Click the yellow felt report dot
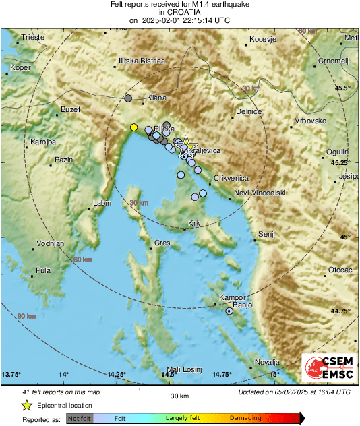pos(133,127)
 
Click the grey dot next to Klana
pos(128,98)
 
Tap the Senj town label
pos(266,234)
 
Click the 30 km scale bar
pos(180,392)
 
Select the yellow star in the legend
pos(26,406)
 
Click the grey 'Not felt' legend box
pos(80,418)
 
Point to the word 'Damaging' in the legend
pos(245,418)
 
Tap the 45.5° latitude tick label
pos(344,88)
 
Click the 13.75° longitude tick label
pos(11,374)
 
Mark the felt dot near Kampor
pos(230,311)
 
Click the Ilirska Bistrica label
pos(142,61)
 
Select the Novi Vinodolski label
pos(260,193)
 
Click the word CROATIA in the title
pos(179,12)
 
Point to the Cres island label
pos(162,242)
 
